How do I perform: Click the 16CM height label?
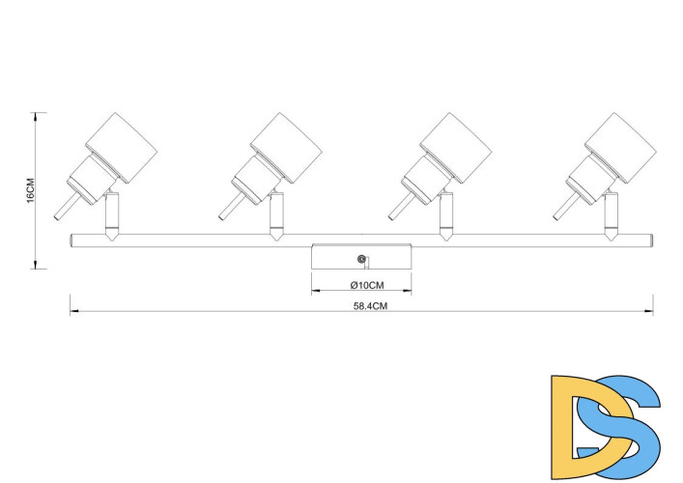click(30, 190)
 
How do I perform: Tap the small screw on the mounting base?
click(362, 258)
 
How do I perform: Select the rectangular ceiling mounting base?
click(361, 258)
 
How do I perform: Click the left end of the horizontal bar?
click(72, 239)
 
